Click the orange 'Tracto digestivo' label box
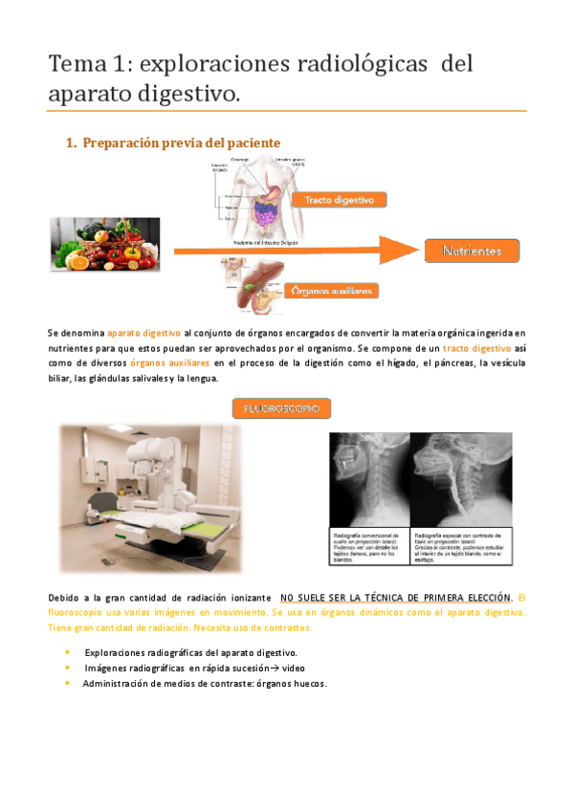point(345,200)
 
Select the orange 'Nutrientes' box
point(472,251)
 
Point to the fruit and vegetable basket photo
point(104,244)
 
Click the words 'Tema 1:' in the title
point(91,65)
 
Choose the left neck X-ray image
point(369,478)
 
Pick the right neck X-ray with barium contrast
point(460,478)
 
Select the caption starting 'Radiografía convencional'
point(369,541)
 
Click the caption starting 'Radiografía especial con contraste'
point(460,541)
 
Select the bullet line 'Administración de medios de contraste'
point(204,684)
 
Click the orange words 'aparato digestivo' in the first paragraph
point(144,332)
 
